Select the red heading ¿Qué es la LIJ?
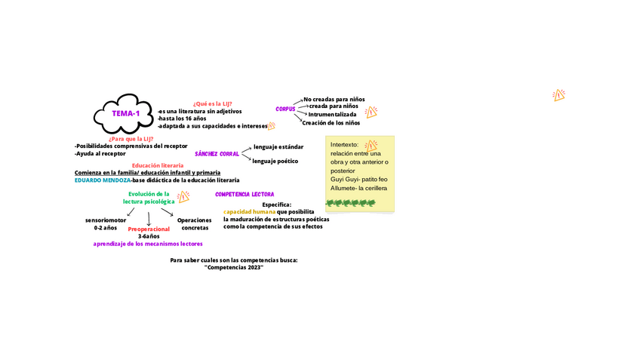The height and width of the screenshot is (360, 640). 212,103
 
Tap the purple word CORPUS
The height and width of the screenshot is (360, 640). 285,109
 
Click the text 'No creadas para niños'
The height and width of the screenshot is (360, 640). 334,99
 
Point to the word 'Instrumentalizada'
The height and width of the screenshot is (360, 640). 332,115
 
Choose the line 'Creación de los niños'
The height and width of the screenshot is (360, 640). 331,122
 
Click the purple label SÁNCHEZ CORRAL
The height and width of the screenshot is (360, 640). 217,154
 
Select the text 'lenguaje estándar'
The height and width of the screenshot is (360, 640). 278,146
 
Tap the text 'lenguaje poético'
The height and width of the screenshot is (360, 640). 275,161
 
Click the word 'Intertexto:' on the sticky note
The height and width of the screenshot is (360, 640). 345,144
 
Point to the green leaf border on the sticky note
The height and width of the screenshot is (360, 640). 359,203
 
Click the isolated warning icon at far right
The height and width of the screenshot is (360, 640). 558,95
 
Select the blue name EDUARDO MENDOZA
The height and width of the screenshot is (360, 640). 103,180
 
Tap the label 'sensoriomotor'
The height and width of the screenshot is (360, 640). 106,220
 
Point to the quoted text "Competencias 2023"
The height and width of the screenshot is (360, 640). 234,268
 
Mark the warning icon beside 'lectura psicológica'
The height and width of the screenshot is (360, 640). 183,198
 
